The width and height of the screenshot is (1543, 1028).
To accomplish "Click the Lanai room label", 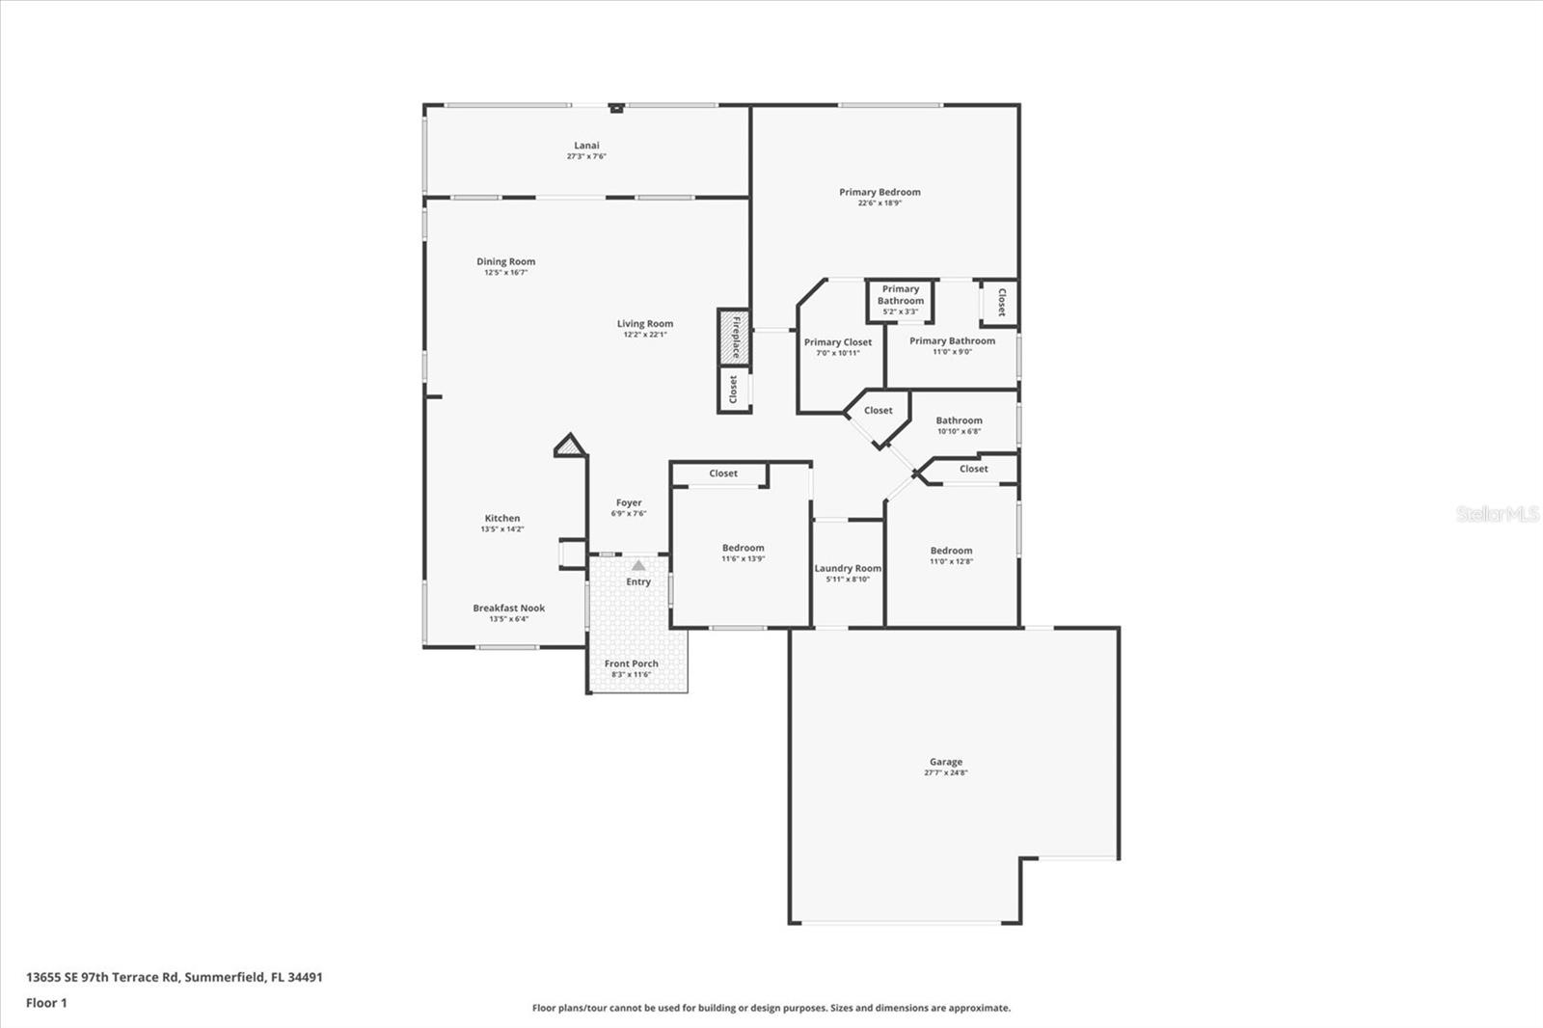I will click(x=586, y=146).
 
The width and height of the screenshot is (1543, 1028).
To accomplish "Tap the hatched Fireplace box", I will click(x=734, y=337).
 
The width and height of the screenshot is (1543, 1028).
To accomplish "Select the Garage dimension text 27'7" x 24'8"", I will click(x=945, y=772).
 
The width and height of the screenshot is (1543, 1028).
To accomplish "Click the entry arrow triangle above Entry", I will click(x=638, y=566).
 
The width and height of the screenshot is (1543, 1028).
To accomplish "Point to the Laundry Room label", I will click(x=848, y=568).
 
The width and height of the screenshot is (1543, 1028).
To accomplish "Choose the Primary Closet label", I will click(x=837, y=342).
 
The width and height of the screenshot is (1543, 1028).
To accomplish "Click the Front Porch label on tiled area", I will click(x=632, y=663).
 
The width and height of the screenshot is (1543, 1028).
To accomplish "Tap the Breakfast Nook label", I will click(x=508, y=609).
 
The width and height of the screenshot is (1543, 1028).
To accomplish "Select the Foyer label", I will click(x=629, y=502).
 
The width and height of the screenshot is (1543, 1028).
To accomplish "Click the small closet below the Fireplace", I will click(x=734, y=390).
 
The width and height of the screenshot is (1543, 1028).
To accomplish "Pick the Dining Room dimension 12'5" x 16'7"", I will click(x=505, y=273).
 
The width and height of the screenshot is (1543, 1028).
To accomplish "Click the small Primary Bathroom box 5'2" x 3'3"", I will click(x=900, y=300).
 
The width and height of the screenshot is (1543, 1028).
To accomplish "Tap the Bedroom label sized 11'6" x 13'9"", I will click(x=743, y=548).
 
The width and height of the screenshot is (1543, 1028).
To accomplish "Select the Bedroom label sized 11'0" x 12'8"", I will click(x=951, y=551).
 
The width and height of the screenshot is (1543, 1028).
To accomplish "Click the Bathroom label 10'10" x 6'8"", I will click(x=959, y=420).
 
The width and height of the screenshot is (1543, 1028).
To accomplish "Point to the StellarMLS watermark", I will click(x=1497, y=514).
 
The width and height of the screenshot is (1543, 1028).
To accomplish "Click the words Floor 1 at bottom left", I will click(x=46, y=1003).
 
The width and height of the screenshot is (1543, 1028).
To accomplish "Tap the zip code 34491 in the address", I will click(x=305, y=977).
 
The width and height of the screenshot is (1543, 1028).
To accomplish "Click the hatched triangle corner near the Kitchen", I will click(x=571, y=446).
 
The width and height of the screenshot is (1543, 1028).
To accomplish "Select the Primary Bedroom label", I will click(x=880, y=192).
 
